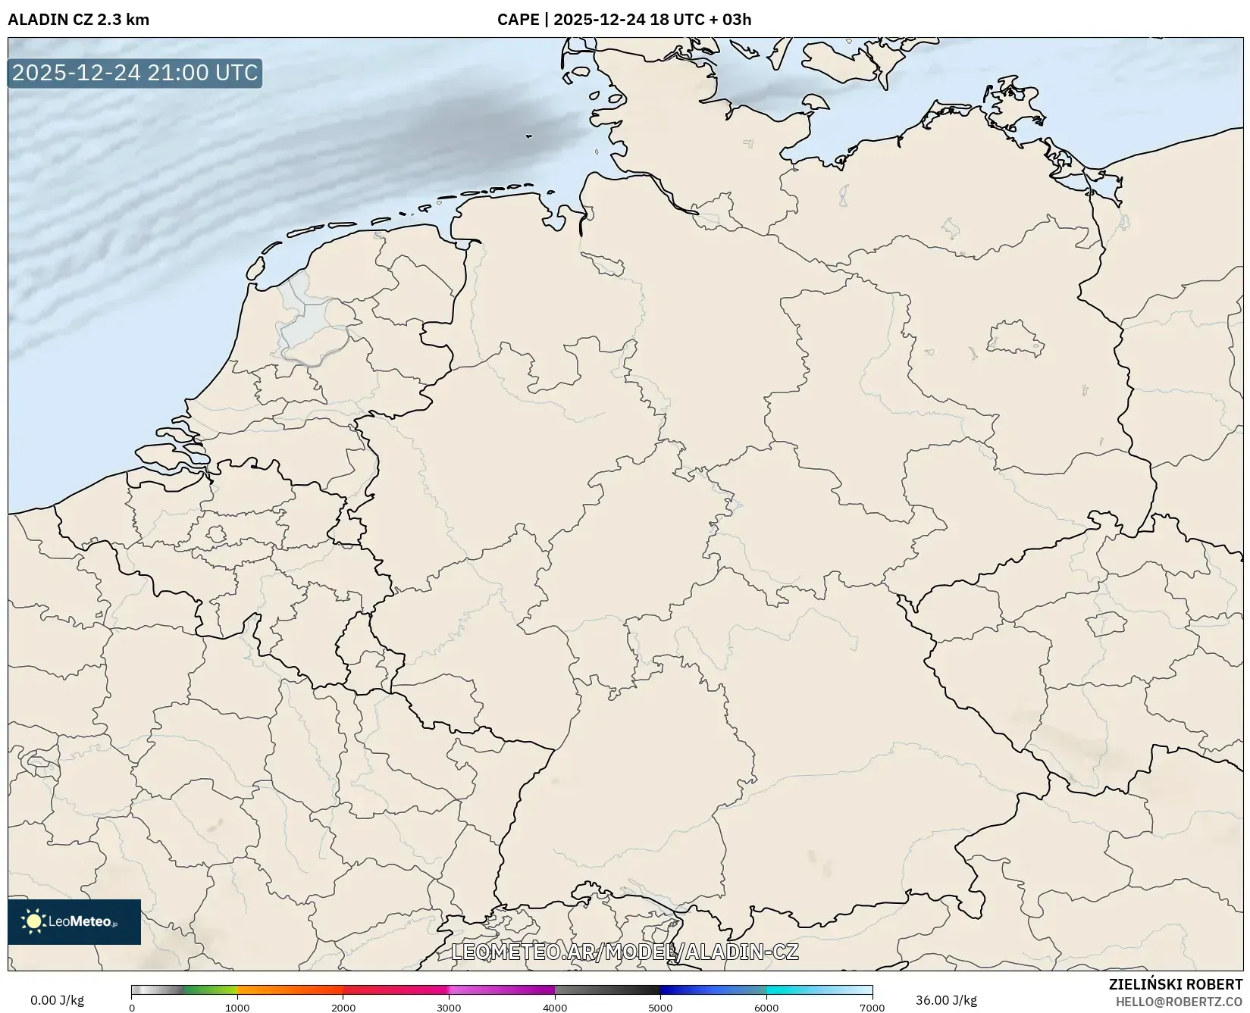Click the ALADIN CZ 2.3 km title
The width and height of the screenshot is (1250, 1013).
(78, 20)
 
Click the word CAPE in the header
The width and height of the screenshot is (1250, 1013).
(518, 20)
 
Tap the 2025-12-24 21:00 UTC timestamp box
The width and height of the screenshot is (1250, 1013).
(135, 73)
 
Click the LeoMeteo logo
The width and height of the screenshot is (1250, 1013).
(74, 921)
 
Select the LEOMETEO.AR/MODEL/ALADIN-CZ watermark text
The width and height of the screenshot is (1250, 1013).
(625, 952)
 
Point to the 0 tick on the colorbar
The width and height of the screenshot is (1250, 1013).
(132, 1008)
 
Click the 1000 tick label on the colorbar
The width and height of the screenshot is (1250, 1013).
(237, 1008)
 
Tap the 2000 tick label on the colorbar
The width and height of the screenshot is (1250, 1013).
(343, 1008)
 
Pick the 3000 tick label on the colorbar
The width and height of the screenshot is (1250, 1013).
(449, 1008)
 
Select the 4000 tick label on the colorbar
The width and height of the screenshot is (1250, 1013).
(555, 1008)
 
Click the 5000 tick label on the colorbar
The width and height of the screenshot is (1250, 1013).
(660, 1008)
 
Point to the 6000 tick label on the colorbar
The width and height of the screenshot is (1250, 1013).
(766, 1008)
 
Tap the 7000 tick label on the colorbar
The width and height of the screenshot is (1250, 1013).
(872, 1008)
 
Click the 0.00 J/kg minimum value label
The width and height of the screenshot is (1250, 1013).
(58, 1000)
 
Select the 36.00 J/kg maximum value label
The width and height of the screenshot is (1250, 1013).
(946, 1000)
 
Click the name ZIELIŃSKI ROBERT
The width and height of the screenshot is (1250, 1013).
(1176, 985)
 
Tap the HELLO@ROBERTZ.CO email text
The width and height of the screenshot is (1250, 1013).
(1179, 1002)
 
